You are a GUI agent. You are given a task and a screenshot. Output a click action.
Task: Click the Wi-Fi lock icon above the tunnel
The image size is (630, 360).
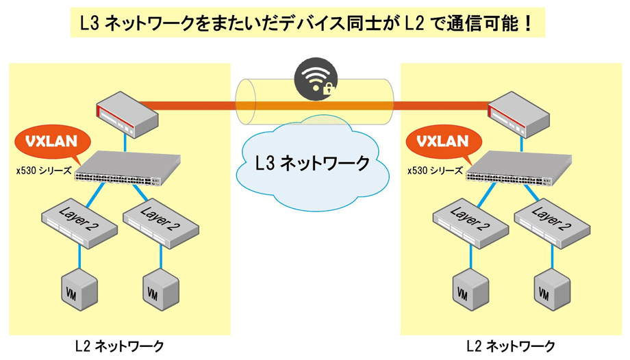[x=316, y=80]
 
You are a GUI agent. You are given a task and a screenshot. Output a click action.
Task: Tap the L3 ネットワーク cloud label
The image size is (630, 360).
[x=312, y=164]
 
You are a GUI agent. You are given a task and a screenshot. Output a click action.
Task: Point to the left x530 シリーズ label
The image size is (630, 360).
[x=44, y=170]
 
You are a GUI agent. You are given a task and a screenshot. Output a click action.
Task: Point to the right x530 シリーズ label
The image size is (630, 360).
[x=434, y=170]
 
